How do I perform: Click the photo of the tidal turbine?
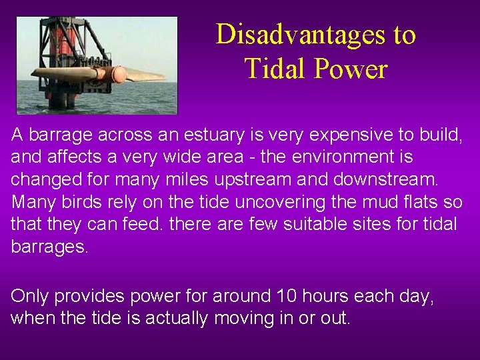(97, 65)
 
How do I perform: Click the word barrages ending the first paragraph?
(49, 247)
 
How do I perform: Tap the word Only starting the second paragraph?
(29, 296)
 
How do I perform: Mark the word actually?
(177, 318)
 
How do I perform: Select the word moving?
(243, 318)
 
